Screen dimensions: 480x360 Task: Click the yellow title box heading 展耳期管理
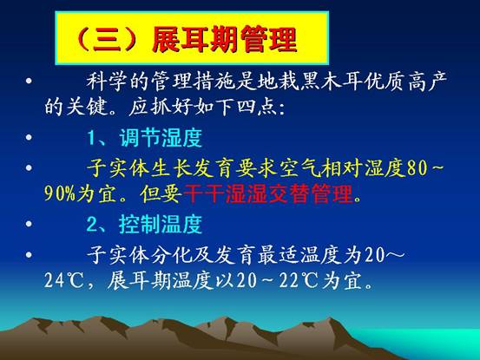pos(192,38)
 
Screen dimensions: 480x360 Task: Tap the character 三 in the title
pos(107,40)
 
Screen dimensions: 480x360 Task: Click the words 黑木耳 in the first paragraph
pos(330,82)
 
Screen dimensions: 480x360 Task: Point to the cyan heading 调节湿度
pos(161,138)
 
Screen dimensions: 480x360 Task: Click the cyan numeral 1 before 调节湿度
pos(91,138)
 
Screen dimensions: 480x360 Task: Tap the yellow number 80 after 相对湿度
pos(417,168)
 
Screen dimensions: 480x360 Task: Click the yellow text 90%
pos(59,193)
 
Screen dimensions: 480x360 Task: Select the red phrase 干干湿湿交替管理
pos(268,193)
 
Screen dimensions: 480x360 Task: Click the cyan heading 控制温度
pos(161,224)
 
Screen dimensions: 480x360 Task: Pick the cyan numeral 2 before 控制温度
pos(92,224)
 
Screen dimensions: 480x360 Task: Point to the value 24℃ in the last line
pos(63,280)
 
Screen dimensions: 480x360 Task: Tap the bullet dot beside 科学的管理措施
pos(30,81)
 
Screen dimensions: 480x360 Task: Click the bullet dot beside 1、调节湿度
pos(30,137)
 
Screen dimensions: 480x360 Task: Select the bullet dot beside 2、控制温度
pos(30,224)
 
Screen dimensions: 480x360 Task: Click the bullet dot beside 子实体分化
pos(30,254)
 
